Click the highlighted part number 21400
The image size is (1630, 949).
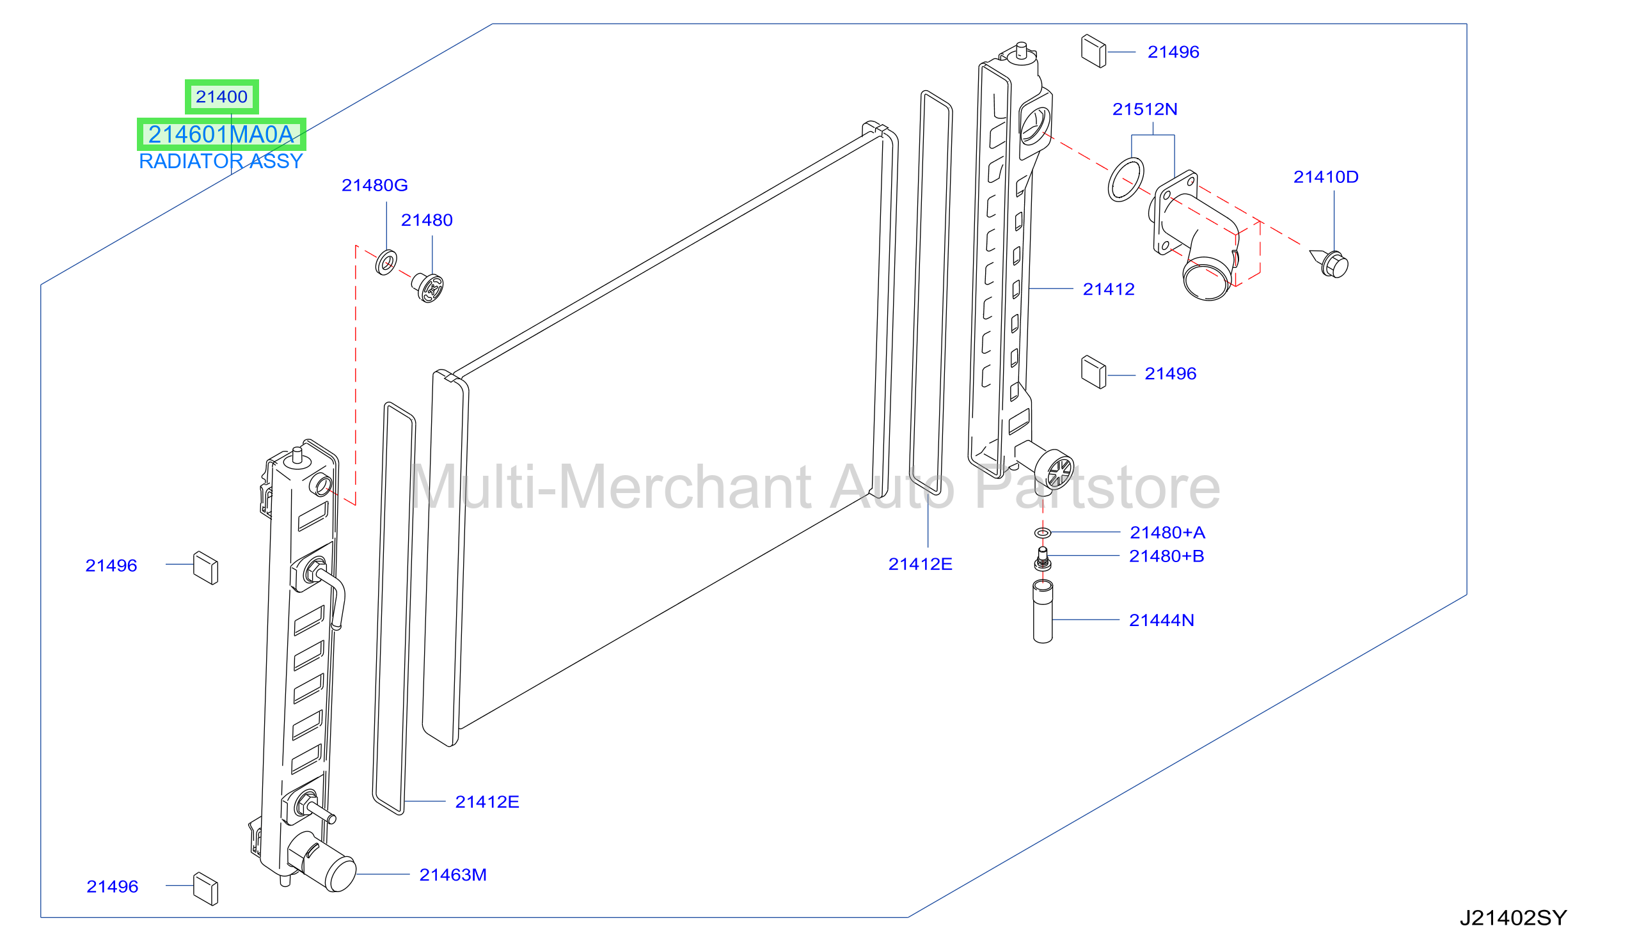pyautogui.click(x=222, y=97)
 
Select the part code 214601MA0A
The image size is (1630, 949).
pyautogui.click(x=221, y=134)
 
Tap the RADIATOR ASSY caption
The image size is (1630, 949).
pyautogui.click(x=221, y=161)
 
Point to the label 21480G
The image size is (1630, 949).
pyautogui.click(x=374, y=185)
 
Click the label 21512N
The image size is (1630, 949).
pyautogui.click(x=1145, y=109)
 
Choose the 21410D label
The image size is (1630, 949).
pyautogui.click(x=1326, y=177)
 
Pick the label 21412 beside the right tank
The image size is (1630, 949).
pyautogui.click(x=1109, y=289)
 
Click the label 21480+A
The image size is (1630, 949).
pyautogui.click(x=1167, y=533)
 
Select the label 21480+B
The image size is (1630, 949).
pyautogui.click(x=1167, y=556)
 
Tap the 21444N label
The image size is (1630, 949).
pyautogui.click(x=1162, y=620)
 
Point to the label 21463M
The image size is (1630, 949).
pyautogui.click(x=453, y=875)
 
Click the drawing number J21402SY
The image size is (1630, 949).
pyautogui.click(x=1514, y=918)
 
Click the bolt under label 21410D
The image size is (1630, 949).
pyautogui.click(x=1331, y=263)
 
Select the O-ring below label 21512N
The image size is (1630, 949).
pyautogui.click(x=1126, y=180)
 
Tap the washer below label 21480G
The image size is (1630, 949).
pyautogui.click(x=386, y=262)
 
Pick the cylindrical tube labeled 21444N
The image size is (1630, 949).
pyautogui.click(x=1043, y=611)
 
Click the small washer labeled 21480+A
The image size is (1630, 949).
pyautogui.click(x=1043, y=533)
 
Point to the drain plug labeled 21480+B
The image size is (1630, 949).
pyautogui.click(x=1043, y=559)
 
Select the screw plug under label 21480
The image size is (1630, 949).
pyautogui.click(x=427, y=288)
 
